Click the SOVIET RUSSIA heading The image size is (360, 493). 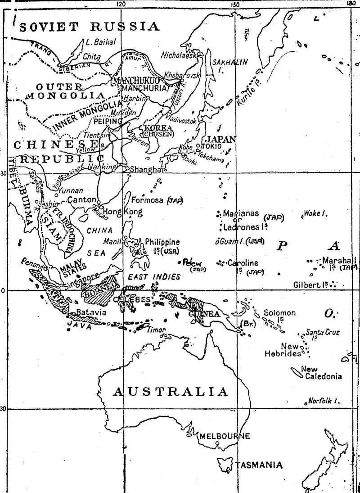90,26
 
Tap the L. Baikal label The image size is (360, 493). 101,42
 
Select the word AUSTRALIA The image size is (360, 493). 171,392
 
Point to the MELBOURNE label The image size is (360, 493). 225,436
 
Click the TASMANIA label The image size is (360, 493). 260,465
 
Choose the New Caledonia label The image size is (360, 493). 320,373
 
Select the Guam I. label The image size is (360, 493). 233,241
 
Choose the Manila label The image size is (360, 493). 112,241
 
